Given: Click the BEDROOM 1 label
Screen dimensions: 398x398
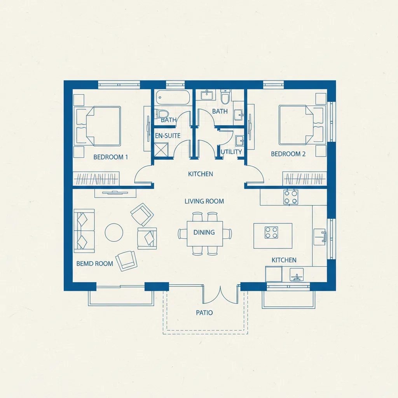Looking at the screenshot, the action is point(111,157).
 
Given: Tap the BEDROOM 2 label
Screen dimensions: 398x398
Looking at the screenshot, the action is point(288,154).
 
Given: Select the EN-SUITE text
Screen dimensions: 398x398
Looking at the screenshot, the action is point(168,136).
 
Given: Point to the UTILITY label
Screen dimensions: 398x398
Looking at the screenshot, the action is point(231,152).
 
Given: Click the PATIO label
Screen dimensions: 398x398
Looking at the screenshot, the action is point(204,313).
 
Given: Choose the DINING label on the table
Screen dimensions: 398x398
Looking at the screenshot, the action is point(204,232).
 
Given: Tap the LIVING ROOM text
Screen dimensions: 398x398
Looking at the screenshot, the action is point(204,201).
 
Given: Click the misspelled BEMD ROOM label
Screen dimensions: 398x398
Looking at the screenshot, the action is point(95,264).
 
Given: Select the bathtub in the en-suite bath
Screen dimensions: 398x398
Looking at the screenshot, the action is point(173,97).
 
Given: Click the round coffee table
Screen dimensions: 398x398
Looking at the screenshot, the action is point(114,232).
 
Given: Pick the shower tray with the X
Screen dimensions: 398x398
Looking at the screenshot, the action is point(161,150).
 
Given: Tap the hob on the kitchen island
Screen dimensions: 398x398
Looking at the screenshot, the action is point(271,232).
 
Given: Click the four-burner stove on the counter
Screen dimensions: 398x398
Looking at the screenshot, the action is point(291,197).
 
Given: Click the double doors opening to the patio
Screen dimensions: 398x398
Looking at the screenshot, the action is point(220,295).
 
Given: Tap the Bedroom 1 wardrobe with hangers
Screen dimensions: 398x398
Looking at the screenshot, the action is point(96,179).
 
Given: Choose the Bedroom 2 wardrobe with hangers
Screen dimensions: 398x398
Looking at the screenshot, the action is point(305,179).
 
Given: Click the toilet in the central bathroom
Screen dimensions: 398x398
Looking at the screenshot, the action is point(225,96).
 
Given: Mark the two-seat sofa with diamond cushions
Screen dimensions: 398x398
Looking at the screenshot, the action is point(84,231).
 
